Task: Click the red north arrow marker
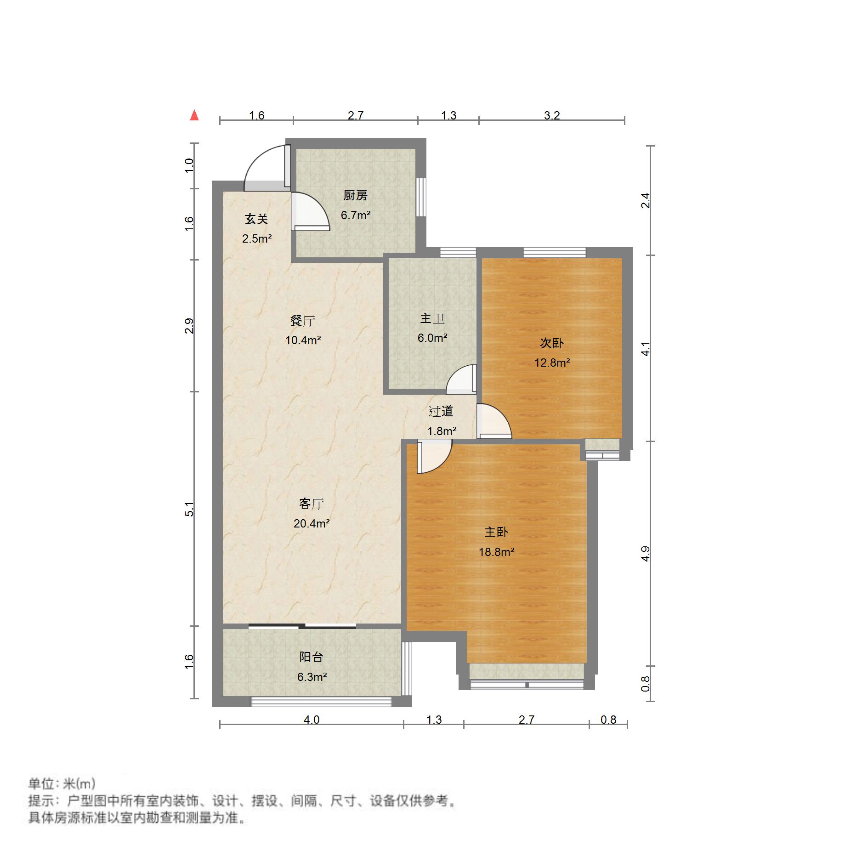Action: (194, 115)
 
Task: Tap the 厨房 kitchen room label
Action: (355, 195)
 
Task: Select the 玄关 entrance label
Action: (256, 219)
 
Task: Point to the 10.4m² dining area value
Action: (303, 340)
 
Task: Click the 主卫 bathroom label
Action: (432, 318)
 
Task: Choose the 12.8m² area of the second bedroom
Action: (552, 363)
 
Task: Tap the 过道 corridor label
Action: (441, 411)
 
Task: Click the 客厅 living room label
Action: (312, 504)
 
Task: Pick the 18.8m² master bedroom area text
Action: (496, 552)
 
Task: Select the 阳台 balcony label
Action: (311, 657)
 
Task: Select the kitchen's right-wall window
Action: (421, 197)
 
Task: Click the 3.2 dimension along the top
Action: (552, 115)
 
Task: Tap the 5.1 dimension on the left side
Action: (189, 510)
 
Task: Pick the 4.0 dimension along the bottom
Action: (312, 720)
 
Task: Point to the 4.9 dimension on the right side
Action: (646, 553)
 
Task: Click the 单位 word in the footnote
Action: (41, 783)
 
